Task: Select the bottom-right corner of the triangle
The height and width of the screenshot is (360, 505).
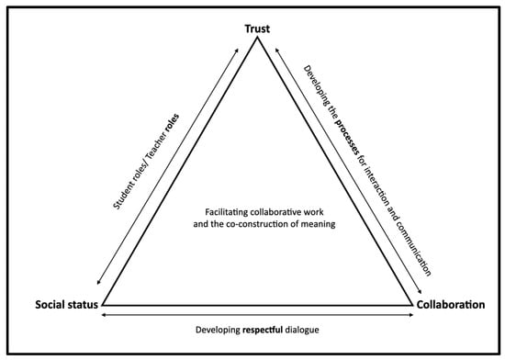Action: [x=412, y=303]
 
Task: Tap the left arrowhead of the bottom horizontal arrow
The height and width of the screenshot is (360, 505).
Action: [x=104, y=314]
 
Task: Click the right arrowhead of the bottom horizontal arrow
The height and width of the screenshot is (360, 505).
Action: [x=411, y=314]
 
